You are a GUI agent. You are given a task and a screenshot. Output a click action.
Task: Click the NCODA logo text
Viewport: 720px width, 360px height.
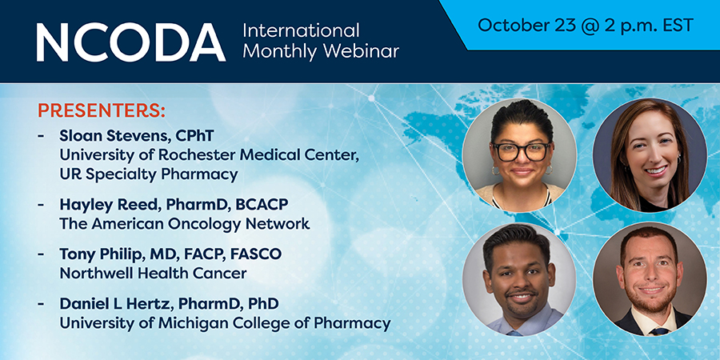tap(131, 42)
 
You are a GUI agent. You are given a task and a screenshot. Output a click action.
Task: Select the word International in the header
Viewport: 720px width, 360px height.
tap(301, 30)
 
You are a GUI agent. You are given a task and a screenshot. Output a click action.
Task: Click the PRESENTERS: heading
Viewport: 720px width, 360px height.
tap(102, 110)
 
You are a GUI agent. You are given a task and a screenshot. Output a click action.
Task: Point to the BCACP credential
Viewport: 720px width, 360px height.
tap(262, 204)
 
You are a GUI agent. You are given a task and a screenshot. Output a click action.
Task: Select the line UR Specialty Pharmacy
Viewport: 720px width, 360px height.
tap(149, 175)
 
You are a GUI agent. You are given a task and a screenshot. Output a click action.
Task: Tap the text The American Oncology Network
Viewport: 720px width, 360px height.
tap(185, 224)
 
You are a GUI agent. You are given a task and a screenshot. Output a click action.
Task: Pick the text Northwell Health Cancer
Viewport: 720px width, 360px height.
tap(153, 274)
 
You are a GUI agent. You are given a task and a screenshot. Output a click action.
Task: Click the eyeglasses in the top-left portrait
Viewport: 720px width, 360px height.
tap(521, 151)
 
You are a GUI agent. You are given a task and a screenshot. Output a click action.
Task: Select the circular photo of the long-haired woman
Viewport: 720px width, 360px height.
tap(650, 154)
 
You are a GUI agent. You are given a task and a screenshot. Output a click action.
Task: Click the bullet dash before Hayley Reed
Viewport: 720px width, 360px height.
tap(42, 204)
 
